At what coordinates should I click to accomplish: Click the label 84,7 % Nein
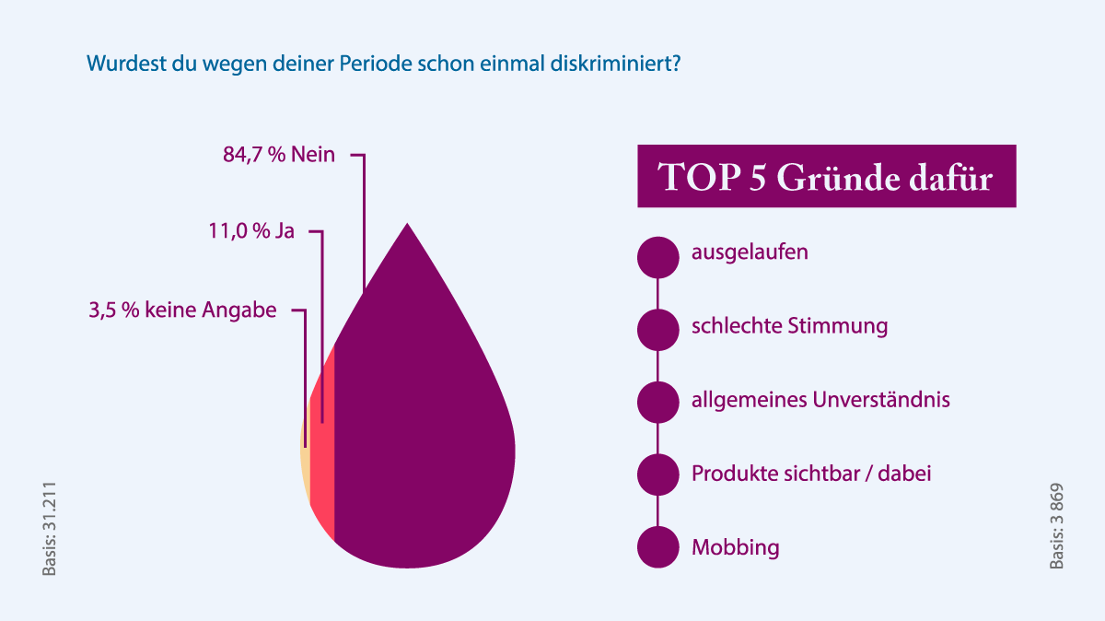point(279,155)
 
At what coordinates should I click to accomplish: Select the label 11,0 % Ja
point(250,231)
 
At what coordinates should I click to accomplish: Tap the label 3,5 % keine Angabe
point(182,310)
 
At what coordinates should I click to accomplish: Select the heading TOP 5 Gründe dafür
point(826,176)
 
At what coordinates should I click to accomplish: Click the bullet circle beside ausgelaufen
point(657,257)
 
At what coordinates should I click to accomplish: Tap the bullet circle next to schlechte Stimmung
point(657,330)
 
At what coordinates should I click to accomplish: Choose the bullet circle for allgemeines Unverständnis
point(657,402)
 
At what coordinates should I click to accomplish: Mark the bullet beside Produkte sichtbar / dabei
point(657,475)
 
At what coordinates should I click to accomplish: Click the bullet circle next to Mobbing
point(657,547)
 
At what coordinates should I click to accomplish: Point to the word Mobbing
point(735,547)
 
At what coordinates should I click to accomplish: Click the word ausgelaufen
point(750,252)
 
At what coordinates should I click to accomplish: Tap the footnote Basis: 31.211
point(49,529)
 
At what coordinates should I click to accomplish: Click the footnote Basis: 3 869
point(1056,526)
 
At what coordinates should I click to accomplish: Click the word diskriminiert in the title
point(621,65)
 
